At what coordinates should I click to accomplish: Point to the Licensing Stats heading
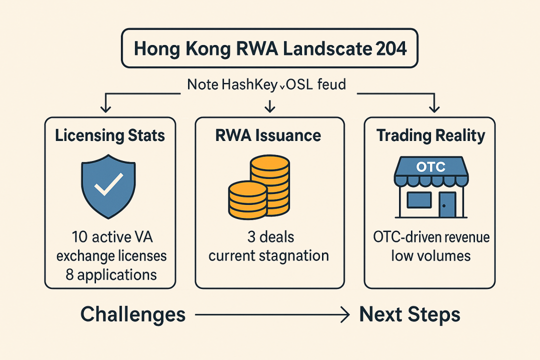(110, 135)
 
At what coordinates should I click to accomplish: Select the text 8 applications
(111, 274)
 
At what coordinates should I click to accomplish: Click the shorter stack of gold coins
(246, 199)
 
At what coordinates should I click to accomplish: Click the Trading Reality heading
(429, 135)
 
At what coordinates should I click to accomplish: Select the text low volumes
(430, 255)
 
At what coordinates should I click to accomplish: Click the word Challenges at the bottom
(133, 314)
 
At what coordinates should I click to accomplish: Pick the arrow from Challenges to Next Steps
(271, 315)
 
